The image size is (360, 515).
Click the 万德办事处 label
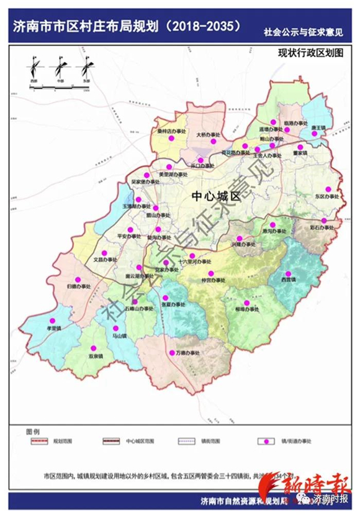point(187,353)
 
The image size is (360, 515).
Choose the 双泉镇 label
point(94,357)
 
